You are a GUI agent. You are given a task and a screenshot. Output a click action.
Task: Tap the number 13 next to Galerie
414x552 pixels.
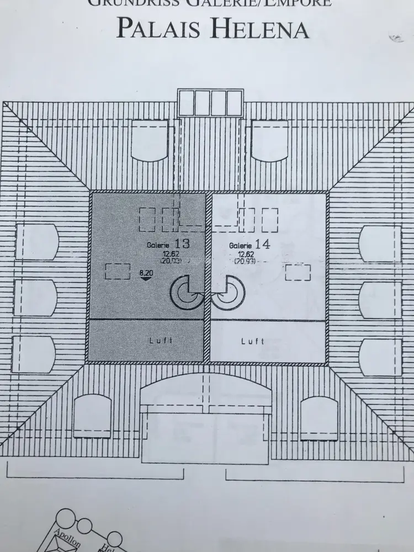(182, 243)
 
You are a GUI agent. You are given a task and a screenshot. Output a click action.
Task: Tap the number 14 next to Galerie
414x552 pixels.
(263, 244)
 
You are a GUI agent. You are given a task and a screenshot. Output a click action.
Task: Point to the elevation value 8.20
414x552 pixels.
(146, 272)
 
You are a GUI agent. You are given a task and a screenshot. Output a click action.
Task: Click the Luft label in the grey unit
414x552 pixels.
(161, 341)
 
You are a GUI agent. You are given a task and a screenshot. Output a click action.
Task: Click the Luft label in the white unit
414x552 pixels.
(252, 341)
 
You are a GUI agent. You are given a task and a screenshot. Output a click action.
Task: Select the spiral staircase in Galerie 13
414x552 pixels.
(185, 291)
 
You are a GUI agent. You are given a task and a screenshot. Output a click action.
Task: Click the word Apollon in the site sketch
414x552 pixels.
(67, 538)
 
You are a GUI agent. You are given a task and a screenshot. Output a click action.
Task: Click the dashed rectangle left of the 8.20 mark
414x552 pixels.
(117, 271)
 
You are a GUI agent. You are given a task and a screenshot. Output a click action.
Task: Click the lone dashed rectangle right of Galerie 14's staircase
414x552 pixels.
(298, 272)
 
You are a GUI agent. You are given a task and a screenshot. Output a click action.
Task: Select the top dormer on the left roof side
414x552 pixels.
(36, 242)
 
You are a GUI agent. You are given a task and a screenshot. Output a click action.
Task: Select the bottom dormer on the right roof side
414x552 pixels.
(380, 356)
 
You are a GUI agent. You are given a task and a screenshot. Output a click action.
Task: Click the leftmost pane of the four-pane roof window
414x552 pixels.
(187, 103)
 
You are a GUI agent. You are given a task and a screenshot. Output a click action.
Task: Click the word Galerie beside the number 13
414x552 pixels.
(158, 245)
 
